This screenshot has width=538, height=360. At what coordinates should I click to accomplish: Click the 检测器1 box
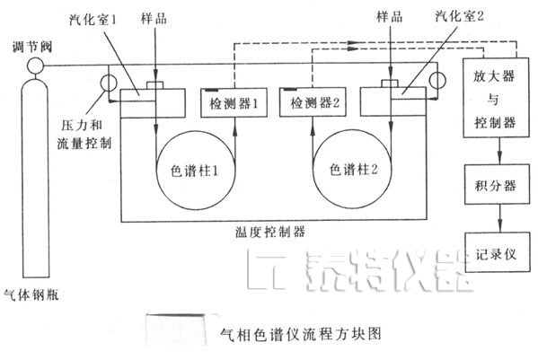tap(234, 102)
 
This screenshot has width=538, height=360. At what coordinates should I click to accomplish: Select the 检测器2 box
tap(313, 102)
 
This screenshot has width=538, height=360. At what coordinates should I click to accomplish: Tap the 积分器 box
tap(497, 184)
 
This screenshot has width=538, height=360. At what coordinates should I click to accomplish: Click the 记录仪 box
tap(497, 252)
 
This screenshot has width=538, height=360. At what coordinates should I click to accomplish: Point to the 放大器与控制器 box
tap(496, 98)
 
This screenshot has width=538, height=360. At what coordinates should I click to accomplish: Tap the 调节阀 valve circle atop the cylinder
tap(35, 66)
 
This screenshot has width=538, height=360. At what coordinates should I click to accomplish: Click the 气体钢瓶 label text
tap(31, 294)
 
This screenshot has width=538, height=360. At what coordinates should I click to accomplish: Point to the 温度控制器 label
tap(270, 233)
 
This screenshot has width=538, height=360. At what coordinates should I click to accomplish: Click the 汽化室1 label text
tap(93, 19)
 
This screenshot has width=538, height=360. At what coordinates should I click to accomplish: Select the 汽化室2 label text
tap(459, 16)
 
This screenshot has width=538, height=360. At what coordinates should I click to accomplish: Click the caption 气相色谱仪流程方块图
tap(301, 334)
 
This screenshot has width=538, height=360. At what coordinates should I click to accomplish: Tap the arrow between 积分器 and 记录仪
tap(500, 218)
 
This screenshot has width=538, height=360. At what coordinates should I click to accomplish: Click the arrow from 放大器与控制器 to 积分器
tap(499, 151)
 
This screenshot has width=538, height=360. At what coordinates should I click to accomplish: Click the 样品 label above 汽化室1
tap(154, 18)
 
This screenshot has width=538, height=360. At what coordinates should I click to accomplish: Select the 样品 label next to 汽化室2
tap(390, 16)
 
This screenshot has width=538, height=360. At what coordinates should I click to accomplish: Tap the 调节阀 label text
tap(32, 47)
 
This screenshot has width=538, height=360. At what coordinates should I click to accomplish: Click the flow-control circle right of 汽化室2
tap(437, 81)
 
